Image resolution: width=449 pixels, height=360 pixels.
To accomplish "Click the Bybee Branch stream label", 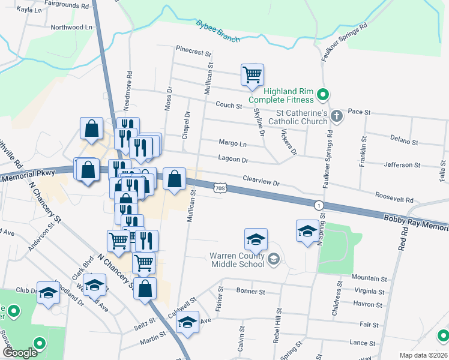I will pos(217,31).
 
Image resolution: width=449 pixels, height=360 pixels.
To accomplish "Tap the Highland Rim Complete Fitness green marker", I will pos(322,94).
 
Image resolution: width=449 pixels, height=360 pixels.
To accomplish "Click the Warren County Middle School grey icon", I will pos(274,259).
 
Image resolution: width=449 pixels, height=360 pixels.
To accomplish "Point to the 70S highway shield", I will pos(220,188).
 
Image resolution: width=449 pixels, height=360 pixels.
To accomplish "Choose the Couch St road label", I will pos(229,106).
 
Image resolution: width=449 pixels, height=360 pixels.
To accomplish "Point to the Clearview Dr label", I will pos(261,179).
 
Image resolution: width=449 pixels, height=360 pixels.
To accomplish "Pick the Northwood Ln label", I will pos(71,27).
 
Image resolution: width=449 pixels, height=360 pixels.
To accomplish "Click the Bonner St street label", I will pos(251,292).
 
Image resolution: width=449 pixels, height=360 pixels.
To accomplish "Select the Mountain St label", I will pos(369,278).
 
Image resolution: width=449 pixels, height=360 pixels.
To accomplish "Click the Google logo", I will pos(20,353).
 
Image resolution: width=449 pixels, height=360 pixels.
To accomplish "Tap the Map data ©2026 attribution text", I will pos(423,355).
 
